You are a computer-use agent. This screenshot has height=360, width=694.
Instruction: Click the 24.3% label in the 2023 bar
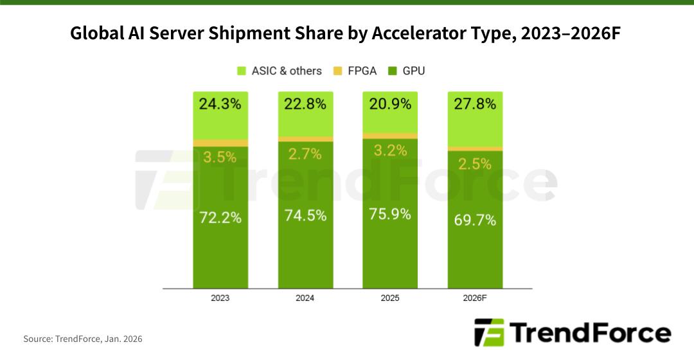pos(220,104)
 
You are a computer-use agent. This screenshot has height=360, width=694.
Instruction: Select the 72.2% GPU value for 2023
pos(220,217)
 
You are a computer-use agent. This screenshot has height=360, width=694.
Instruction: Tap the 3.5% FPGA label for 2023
pos(220,156)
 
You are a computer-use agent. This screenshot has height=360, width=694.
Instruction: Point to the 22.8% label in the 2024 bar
pos(305,104)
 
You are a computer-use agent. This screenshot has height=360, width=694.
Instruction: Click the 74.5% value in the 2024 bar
pos(305,215)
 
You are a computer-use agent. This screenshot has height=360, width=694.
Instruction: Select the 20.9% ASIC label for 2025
pos(390,104)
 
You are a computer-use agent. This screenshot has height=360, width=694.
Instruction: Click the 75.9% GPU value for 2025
pos(390,213)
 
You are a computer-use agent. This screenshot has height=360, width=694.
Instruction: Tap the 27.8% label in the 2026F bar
pos(475,104)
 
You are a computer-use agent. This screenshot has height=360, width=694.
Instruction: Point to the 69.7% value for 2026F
pos(475,221)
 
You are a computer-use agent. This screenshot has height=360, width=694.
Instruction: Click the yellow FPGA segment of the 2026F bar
pos(475,148)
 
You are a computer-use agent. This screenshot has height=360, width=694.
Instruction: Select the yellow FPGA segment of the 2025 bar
pos(390,136)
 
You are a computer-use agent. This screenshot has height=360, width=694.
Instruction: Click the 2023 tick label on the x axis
pos(220,299)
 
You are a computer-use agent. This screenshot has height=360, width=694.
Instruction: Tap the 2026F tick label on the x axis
pos(475,299)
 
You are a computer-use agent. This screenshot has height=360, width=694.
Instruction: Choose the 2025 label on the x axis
pos(390,299)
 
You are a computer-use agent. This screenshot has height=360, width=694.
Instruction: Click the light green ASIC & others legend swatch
pos(242,71)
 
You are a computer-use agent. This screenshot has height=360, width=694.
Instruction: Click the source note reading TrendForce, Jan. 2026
pos(83,338)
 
